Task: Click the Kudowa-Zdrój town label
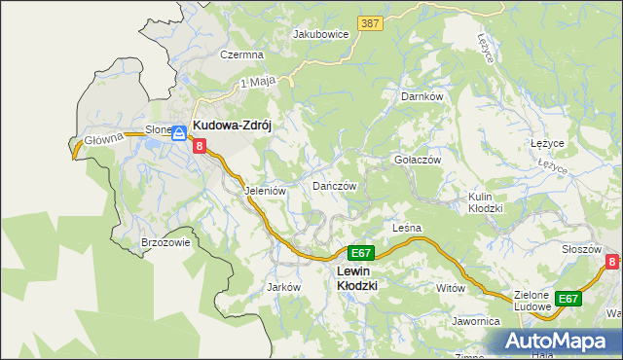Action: [x=237, y=126]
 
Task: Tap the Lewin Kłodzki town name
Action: [x=356, y=278]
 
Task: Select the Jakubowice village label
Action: [x=321, y=33]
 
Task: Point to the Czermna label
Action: [x=241, y=55]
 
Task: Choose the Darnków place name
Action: [x=422, y=97]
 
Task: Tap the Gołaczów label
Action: [x=418, y=160]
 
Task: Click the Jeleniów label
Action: [x=265, y=192]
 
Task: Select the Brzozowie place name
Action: [x=165, y=242]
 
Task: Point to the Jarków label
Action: [x=282, y=288]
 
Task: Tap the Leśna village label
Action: [x=406, y=228]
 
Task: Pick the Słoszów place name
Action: [x=581, y=249]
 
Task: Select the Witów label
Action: [x=451, y=289]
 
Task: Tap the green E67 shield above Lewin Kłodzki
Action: [x=361, y=252]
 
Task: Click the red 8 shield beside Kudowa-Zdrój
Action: [x=200, y=146]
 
